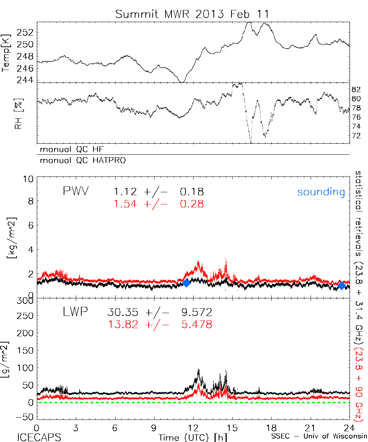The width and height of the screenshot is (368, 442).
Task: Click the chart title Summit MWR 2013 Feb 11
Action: pos(192,14)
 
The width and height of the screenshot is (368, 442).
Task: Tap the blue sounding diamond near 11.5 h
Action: pos(186,283)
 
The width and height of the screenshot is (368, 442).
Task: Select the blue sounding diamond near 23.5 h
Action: pos(342,285)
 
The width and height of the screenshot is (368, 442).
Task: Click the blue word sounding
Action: pos(321,192)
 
